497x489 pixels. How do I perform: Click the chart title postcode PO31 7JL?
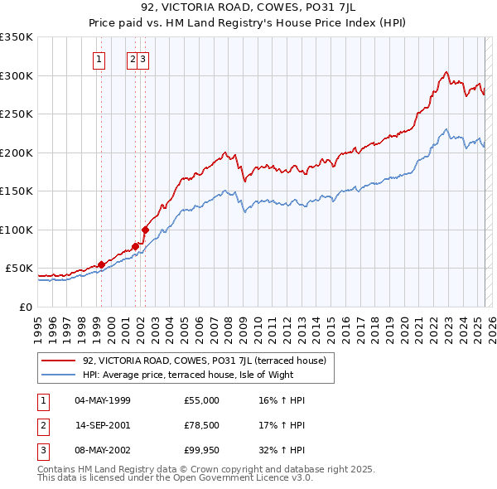(x=281, y=8)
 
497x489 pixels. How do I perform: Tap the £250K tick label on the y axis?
(x=17, y=114)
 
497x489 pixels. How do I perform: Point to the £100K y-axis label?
(x=17, y=230)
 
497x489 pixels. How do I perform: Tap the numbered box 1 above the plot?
(x=99, y=59)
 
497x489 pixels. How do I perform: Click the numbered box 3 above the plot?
(x=143, y=59)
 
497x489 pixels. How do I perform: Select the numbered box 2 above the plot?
(x=132, y=59)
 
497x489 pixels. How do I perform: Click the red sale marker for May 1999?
(x=101, y=264)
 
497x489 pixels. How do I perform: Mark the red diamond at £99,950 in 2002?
(x=145, y=230)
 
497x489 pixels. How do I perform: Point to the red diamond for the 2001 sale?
(x=135, y=246)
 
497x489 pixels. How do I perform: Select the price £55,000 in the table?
(x=201, y=400)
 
